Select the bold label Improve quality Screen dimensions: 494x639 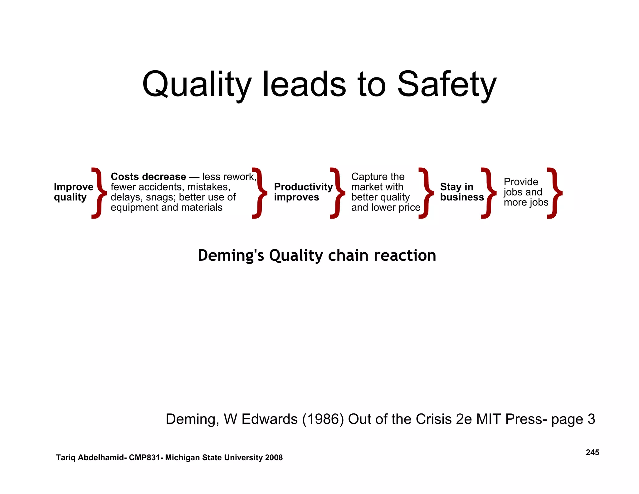[73, 192]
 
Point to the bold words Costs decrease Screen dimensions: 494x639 [148, 177]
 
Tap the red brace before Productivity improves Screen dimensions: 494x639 [260, 193]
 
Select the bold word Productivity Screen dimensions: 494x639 [303, 187]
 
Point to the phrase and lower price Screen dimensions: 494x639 [386, 207]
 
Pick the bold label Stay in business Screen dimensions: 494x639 [462, 192]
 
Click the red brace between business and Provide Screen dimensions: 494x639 [489, 193]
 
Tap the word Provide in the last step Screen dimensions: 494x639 [521, 182]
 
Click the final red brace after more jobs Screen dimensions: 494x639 [555, 193]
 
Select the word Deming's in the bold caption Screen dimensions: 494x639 [231, 255]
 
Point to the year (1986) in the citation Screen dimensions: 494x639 [323, 419]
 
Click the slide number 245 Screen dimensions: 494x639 [592, 452]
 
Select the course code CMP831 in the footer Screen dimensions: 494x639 [144, 458]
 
